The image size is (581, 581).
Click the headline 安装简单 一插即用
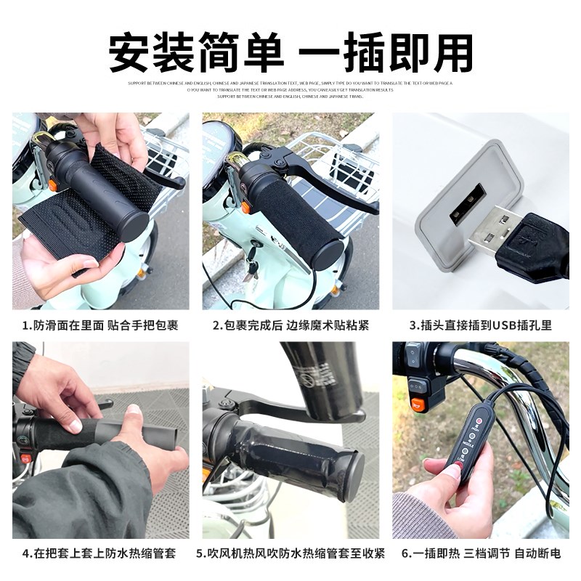pyautogui.click(x=290, y=52)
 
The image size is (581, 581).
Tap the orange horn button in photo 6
pyautogui.click(x=417, y=404)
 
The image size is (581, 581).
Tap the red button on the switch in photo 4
pyautogui.click(x=25, y=458)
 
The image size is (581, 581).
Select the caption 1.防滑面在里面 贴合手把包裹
pyautogui.click(x=100, y=325)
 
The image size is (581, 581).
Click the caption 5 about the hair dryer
pyautogui.click(x=290, y=553)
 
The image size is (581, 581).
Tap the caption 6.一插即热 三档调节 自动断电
pyautogui.click(x=481, y=553)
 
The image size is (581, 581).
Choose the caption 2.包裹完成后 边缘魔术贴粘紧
pyautogui.click(x=290, y=325)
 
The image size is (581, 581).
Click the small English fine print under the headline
pyautogui.click(x=290, y=89)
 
